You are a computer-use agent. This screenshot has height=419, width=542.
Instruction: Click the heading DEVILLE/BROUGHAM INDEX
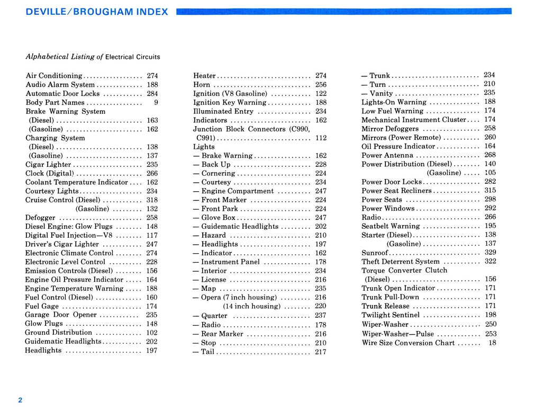pos(97,12)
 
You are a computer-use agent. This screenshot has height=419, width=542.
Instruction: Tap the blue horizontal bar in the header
pos(344,11)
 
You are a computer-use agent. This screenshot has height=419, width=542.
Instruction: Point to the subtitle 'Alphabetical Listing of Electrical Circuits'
pos(93,57)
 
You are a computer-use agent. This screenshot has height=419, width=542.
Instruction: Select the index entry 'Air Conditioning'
pos(54,76)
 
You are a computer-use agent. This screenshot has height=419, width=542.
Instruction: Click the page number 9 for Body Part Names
pos(156,102)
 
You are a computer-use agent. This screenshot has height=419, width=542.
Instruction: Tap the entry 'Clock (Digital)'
pos(50,173)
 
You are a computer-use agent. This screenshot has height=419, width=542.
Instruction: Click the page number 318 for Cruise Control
pos(152,200)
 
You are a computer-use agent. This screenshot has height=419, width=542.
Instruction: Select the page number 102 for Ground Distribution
pos(152,333)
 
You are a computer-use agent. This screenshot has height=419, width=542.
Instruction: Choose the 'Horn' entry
pos(202,85)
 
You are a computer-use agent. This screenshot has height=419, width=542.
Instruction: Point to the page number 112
pos(321,138)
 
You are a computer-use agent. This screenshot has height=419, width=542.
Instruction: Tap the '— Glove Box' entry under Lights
pos(218,218)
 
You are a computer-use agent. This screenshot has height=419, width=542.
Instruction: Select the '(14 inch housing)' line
pos(251,306)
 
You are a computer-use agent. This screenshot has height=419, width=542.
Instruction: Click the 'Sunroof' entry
pos(375,253)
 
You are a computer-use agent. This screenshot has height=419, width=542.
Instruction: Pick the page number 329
pos(490,253)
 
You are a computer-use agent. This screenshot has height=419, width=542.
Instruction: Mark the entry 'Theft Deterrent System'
pos(400,262)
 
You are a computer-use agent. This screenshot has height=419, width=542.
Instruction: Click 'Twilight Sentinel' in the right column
pos(391,315)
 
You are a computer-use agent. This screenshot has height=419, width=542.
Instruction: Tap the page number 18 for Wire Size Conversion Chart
pos(492,343)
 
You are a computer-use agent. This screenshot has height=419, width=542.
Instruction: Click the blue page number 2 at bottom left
pos(20,400)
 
